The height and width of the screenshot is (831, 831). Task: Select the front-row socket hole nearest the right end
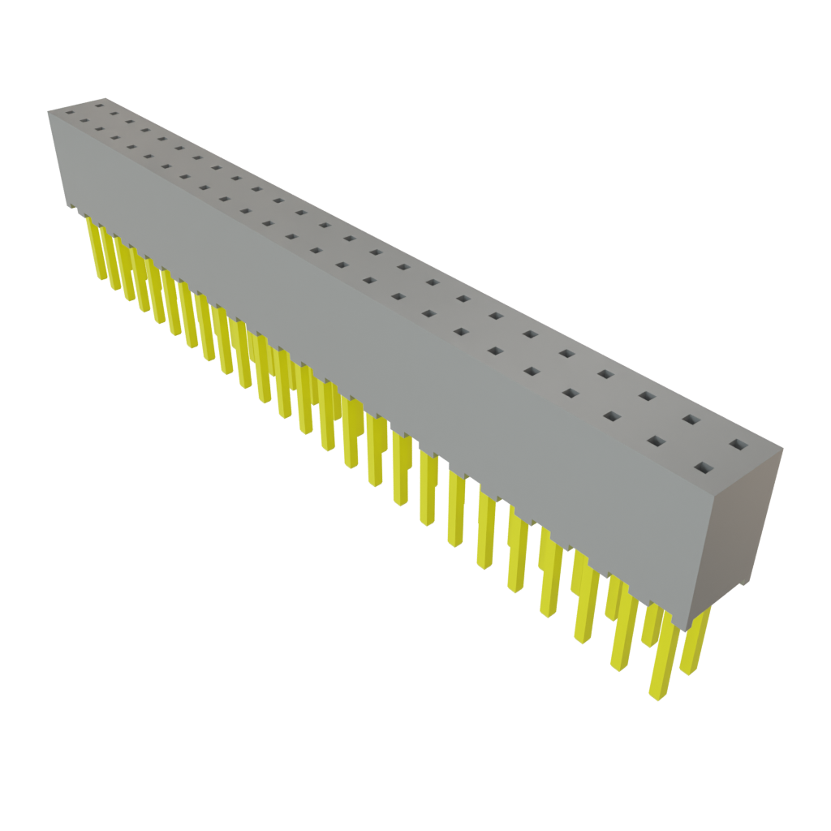click(x=704, y=468)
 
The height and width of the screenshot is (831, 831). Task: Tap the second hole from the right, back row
click(x=691, y=420)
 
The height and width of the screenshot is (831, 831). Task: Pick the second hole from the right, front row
click(x=656, y=442)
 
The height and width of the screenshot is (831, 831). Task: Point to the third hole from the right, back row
click(x=647, y=396)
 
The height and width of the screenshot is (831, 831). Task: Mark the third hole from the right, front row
click(x=612, y=417)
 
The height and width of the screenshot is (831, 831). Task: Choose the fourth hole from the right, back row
click(x=605, y=374)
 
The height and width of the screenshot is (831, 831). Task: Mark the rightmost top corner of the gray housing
click(x=784, y=447)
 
